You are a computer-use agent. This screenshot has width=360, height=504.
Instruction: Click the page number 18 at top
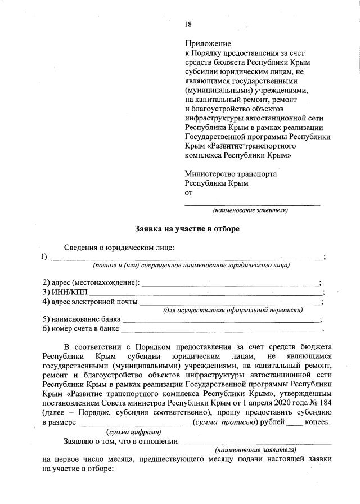(188, 24)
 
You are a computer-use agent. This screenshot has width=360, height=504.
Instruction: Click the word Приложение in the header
(208, 43)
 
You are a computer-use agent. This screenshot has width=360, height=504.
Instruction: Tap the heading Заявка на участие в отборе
(187, 229)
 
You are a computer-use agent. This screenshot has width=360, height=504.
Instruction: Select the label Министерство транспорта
(231, 174)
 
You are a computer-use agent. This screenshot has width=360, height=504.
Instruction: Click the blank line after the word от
(253, 204)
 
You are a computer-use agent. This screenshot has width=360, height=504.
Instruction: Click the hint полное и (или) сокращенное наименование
(191, 265)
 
